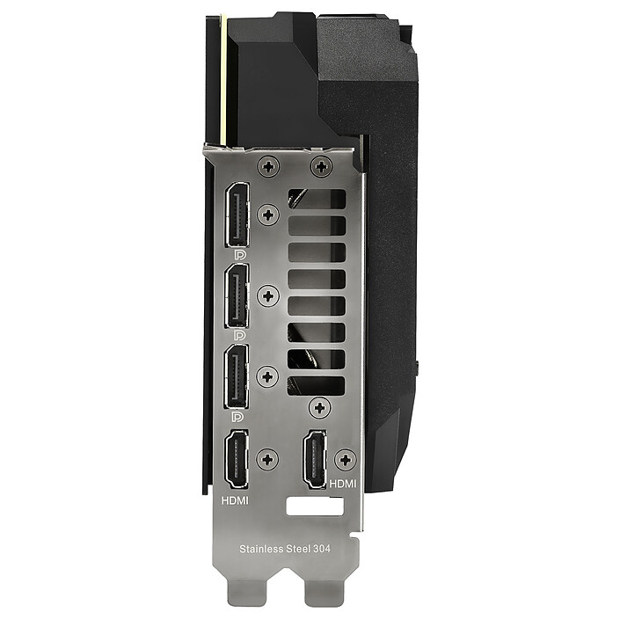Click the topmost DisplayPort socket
point(237,215)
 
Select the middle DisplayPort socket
point(237,295)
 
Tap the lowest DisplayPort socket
point(237,376)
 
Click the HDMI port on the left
point(237,459)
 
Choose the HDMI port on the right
point(315,459)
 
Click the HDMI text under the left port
point(235,500)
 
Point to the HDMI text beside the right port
point(343,484)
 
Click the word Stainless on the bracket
point(262,549)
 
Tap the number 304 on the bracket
point(322,549)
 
